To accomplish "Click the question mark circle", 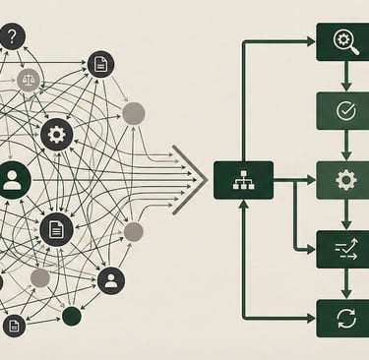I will tap(11, 37).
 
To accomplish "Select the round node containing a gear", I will tap(57, 133).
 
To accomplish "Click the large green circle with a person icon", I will tap(12, 180).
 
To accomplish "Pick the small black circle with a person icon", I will tap(111, 280).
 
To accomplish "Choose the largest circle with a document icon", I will tap(57, 229).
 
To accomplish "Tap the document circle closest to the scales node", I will tap(99, 65).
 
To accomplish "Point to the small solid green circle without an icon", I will tap(72, 316).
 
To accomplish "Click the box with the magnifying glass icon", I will tap(342, 41).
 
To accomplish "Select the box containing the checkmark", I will tap(342, 110).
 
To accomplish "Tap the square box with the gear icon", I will tap(342, 180).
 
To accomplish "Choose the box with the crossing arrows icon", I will tap(342, 249).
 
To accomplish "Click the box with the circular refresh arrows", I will tap(342, 318).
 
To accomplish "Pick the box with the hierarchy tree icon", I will tap(243, 180).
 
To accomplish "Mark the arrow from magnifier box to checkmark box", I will tap(342, 77).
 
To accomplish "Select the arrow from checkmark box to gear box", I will tap(342, 146).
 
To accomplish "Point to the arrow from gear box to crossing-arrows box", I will tap(342, 214).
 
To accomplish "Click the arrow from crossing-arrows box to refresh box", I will tap(342, 283).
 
